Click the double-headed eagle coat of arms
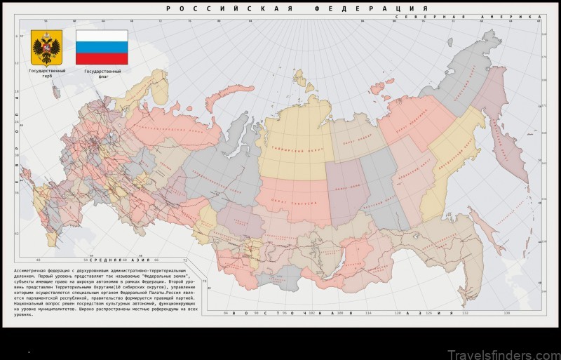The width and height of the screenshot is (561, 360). point(46,47)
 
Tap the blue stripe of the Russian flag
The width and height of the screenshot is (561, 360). point(102,47)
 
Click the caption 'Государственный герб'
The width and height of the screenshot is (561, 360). point(46,73)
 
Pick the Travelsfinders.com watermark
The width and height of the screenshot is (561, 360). point(504,345)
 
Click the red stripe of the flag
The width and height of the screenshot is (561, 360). point(102,58)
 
